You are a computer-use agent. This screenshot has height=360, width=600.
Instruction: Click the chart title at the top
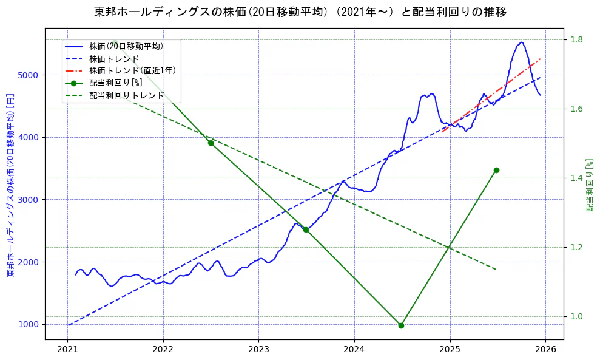[300, 12]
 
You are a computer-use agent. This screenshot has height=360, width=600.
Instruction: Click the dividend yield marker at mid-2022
[211, 143]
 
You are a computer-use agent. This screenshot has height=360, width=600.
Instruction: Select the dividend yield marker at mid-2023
[306, 229]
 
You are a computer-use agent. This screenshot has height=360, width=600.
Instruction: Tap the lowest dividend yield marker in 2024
[401, 325]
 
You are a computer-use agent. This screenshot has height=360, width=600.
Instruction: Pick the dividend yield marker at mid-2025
[496, 170]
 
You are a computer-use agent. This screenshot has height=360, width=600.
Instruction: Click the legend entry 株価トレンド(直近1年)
[132, 70]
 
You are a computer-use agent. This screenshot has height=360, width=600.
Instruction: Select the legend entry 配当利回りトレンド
[126, 95]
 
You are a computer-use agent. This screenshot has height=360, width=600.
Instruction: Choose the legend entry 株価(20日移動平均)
[126, 46]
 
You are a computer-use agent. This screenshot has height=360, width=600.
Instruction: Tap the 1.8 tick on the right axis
[575, 39]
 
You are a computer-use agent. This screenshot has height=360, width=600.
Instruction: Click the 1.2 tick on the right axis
[575, 247]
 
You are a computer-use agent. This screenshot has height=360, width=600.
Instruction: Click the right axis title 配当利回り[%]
[589, 185]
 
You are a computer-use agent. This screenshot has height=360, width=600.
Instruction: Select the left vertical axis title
[10, 185]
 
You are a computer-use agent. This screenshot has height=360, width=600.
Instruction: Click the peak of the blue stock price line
[521, 42]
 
